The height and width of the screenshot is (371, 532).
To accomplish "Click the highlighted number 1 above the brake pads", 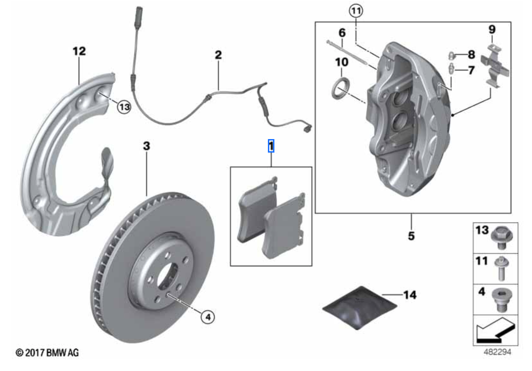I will tap(271, 146).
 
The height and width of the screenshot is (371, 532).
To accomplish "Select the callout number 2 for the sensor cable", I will tap(218, 55).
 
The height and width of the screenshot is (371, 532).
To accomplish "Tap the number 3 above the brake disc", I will tap(147, 146).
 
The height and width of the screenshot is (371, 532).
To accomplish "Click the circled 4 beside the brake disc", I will tap(207, 316).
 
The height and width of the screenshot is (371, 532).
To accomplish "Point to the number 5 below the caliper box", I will tap(411, 236).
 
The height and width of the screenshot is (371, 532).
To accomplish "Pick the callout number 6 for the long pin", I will tap(342, 33).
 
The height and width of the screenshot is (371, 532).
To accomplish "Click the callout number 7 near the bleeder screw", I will tap(471, 70).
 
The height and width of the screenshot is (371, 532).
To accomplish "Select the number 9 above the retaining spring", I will tap(491, 30).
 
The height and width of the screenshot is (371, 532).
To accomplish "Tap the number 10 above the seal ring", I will tap(342, 61).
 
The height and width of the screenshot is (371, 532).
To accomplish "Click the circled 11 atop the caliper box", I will tap(356, 11).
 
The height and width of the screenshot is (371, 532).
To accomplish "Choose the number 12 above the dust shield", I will tap(79, 51).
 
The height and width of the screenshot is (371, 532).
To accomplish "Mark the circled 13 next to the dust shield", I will tap(124, 107).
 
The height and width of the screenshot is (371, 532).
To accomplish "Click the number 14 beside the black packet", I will tap(410, 295).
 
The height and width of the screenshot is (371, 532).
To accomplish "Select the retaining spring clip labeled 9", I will tap(494, 66).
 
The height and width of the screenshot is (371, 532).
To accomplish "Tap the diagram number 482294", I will tap(497, 352).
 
